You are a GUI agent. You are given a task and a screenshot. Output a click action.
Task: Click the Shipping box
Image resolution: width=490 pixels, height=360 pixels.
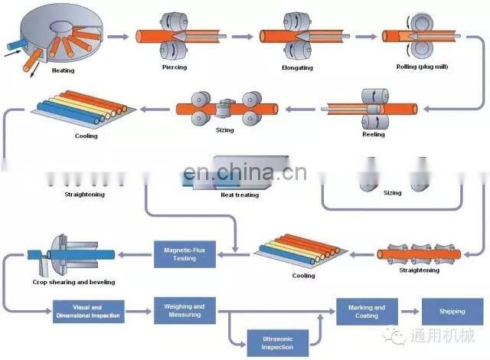coord(451,312)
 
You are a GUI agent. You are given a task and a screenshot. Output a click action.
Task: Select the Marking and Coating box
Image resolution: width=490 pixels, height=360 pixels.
coord(366,312)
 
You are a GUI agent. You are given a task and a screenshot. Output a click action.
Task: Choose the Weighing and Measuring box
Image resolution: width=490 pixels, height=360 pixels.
coord(184,311)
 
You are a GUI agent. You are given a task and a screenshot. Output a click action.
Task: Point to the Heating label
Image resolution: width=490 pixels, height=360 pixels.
coord(63,70)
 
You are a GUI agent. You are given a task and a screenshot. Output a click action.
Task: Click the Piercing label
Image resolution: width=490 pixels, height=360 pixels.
coord(174,67)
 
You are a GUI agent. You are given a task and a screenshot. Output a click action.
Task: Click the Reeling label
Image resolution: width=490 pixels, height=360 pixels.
coord(373,135)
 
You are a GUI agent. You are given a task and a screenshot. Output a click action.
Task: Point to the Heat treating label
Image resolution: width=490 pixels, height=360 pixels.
coord(240,195)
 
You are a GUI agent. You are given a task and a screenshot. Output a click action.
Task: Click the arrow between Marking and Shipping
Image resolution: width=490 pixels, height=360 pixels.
coord(407,312)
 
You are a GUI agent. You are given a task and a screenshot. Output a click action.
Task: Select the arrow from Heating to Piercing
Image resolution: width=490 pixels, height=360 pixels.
coord(117,36)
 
